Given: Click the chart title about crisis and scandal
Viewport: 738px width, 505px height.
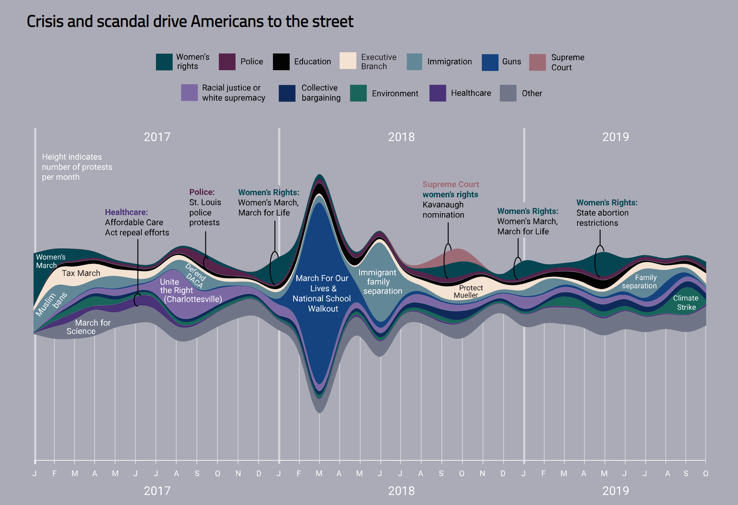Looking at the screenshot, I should point(190,21).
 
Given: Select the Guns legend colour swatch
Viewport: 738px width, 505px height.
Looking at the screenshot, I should point(490,62).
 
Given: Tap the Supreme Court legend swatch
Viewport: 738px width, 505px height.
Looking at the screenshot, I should point(537,62).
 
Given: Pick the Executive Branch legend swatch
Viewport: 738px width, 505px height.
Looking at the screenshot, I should point(348,61).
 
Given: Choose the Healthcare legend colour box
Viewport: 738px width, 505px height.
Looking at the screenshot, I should point(438,93).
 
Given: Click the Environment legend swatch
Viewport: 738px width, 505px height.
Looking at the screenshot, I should point(358,93).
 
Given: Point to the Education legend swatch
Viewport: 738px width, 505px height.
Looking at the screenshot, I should point(281,62).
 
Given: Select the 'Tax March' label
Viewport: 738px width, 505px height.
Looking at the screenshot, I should point(81,273).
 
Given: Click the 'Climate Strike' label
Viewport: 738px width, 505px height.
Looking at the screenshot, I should point(686,302).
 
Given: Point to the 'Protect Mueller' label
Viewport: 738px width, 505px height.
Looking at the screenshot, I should point(468,291).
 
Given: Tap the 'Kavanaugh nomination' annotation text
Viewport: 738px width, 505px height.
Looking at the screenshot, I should point(443,209).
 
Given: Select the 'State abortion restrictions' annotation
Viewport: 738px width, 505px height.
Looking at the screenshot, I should point(603,217).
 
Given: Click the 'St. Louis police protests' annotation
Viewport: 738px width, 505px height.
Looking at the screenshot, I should point(205,212).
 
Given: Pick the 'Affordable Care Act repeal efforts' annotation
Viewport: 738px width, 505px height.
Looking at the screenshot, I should point(137,227).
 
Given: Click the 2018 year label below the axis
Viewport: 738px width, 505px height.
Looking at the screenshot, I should point(401,491).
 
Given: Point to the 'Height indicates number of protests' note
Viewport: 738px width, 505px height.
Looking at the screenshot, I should point(77,167).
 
